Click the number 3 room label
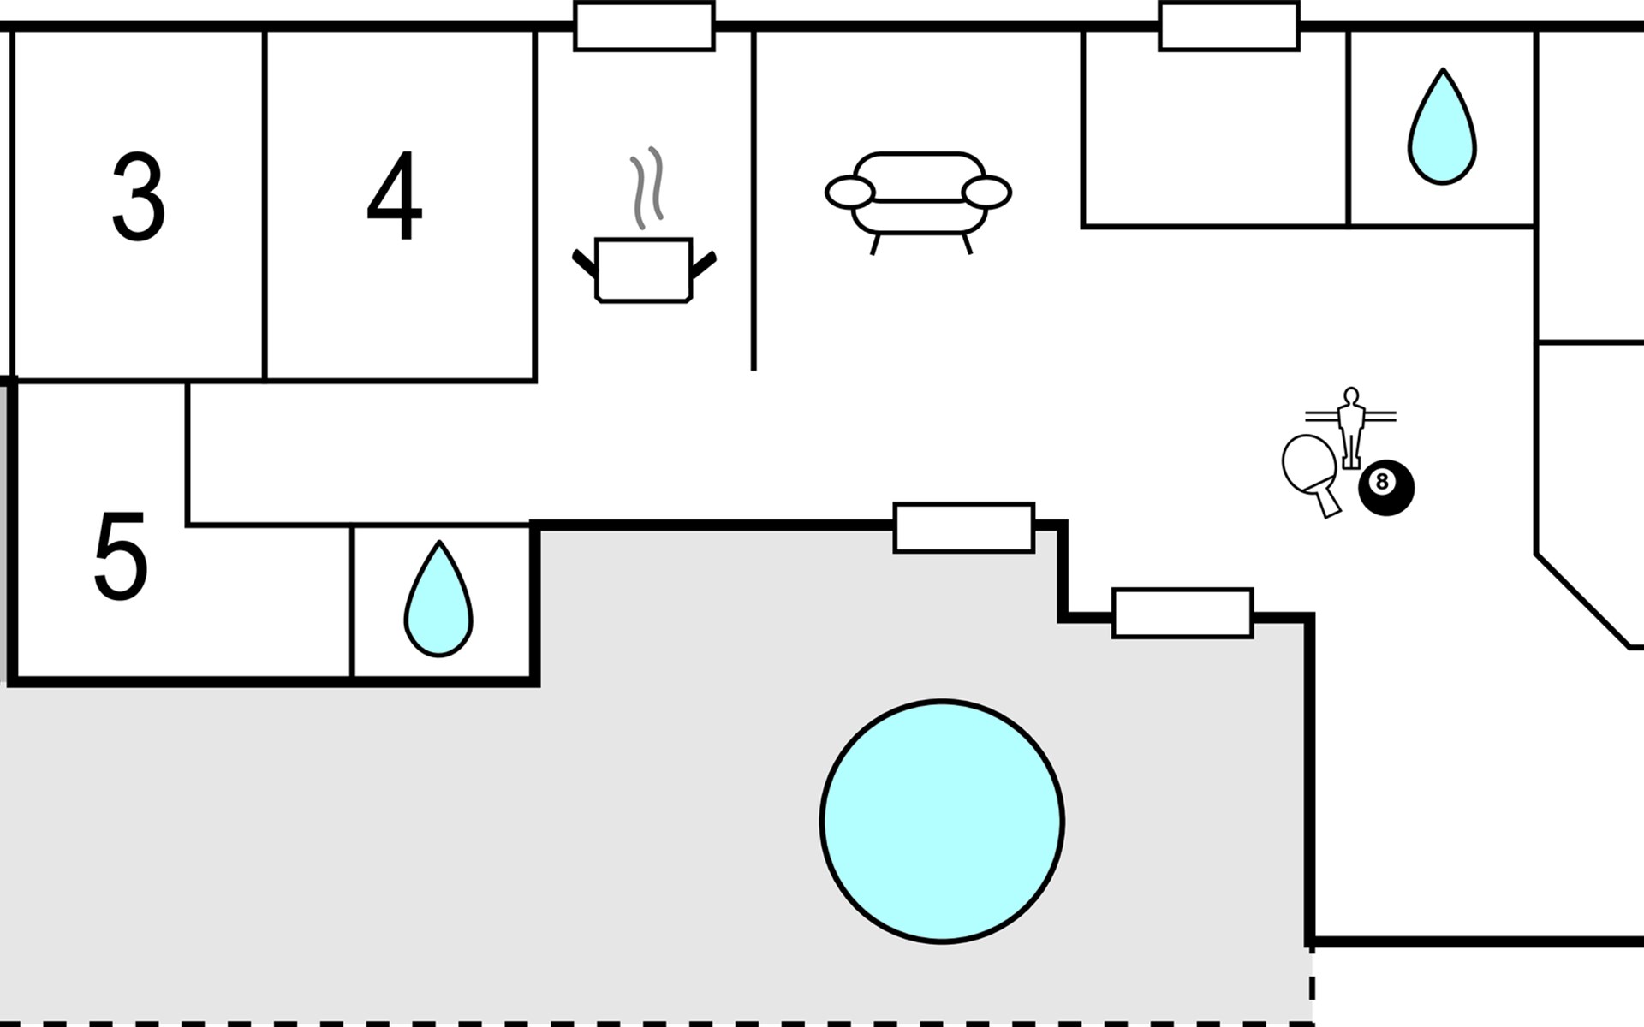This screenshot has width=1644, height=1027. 139,197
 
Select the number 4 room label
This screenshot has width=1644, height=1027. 395,197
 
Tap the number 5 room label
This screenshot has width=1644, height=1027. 121,556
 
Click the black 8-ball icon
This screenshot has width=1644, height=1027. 1386,488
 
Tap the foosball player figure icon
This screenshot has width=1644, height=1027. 1351,428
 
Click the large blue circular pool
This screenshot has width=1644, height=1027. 942,822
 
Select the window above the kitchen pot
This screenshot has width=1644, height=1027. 644,27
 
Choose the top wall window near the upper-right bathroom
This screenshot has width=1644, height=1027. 1230,27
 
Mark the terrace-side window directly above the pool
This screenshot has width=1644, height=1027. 964,528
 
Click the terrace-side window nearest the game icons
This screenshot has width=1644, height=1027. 1182,613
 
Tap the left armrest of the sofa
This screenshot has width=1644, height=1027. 849,193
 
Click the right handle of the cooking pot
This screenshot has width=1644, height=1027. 704,265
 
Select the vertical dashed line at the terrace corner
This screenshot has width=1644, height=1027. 1312,984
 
